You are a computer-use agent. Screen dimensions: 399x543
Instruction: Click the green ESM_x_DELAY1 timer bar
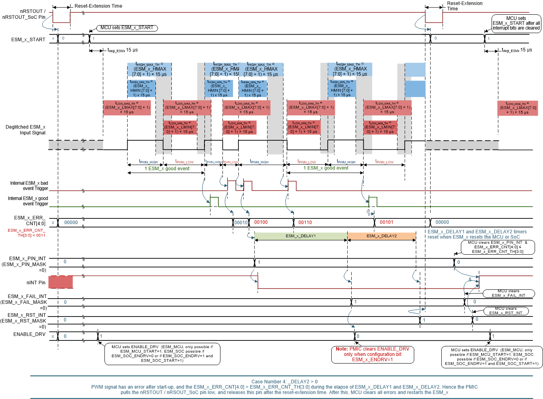pyautogui.click(x=301, y=236)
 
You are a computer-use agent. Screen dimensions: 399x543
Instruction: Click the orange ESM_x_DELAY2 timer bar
pyautogui.click(x=382, y=236)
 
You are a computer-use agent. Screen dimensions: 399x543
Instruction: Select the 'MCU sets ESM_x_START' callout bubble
pyautogui.click(x=127, y=28)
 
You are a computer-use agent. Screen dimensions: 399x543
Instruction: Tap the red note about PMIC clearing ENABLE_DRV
pyautogui.click(x=372, y=354)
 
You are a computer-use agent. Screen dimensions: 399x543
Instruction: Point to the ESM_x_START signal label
pyautogui.click(x=28, y=39)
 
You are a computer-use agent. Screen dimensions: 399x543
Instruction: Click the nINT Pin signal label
pyautogui.click(x=36, y=283)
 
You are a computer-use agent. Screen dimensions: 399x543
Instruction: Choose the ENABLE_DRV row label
pyautogui.click(x=29, y=334)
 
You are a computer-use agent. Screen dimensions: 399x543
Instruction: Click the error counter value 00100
pyautogui.click(x=261, y=222)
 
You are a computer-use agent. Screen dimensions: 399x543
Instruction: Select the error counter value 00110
pyautogui.click(x=305, y=222)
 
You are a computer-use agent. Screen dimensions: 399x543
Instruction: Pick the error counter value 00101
pyautogui.click(x=386, y=222)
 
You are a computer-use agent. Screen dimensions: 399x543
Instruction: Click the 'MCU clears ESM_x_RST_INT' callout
pyautogui.click(x=506, y=311)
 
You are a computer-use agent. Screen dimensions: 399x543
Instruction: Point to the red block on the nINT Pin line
pyautogui.click(x=61, y=282)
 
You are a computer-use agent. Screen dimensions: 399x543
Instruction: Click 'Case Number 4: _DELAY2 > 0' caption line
pyautogui.click(x=284, y=381)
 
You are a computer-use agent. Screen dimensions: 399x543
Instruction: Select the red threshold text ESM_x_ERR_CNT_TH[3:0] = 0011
pyautogui.click(x=26, y=233)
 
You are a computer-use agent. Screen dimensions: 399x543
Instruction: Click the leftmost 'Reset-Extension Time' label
pyautogui.click(x=98, y=6)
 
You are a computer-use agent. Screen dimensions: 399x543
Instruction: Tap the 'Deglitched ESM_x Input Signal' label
pyautogui.click(x=26, y=130)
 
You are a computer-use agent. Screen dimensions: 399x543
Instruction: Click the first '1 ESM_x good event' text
pyautogui.click(x=167, y=169)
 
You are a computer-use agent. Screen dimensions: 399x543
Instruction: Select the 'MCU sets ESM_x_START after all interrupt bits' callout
pyautogui.click(x=516, y=24)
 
